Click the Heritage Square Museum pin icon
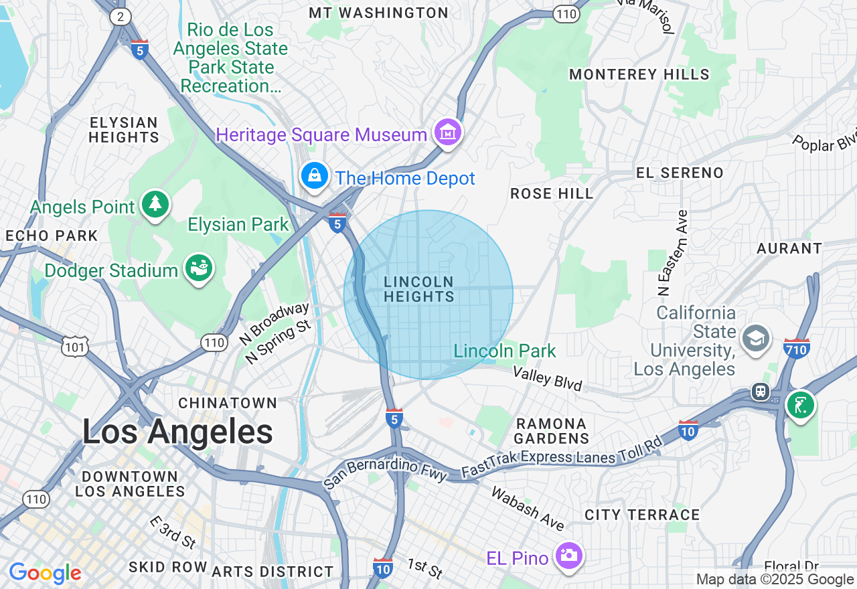click(x=448, y=133)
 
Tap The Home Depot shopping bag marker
click(x=314, y=175)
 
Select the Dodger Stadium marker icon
click(x=199, y=268)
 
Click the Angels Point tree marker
click(x=155, y=204)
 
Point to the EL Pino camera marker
click(x=569, y=556)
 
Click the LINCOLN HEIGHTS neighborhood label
click(x=419, y=289)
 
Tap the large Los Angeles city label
click(x=177, y=432)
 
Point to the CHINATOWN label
click(x=228, y=403)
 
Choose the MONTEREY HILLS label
click(x=639, y=74)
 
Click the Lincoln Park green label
click(x=505, y=351)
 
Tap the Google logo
click(x=45, y=574)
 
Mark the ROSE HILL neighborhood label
click(x=552, y=194)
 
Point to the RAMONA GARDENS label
click(x=552, y=431)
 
